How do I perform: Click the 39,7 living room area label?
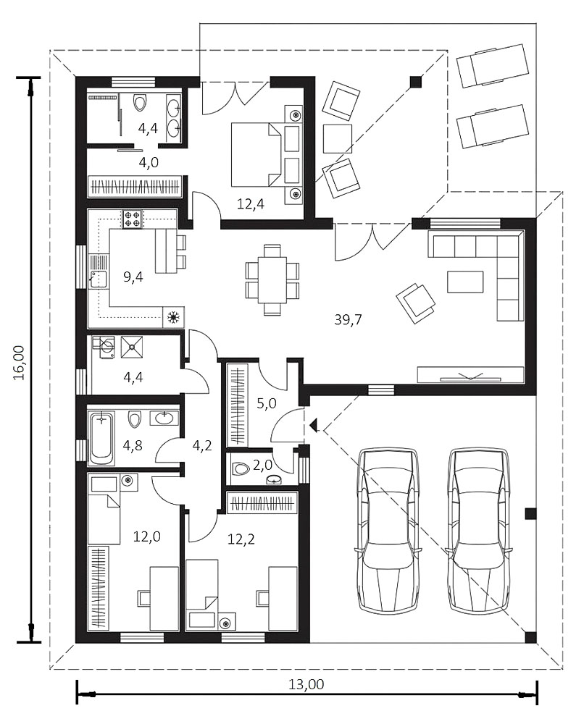pyautogui.click(x=348, y=319)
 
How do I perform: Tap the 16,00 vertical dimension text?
pyautogui.click(x=20, y=363)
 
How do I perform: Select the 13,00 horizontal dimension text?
pyautogui.click(x=306, y=684)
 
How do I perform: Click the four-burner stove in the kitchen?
pyautogui.click(x=132, y=219)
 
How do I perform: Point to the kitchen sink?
pyautogui.click(x=98, y=279)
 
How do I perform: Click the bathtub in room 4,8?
pyautogui.click(x=101, y=439)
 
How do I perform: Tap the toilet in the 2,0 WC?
pyautogui.click(x=241, y=468)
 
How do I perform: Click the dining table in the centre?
pyautogui.click(x=272, y=279)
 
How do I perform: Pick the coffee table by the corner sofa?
pyautogui.click(x=464, y=282)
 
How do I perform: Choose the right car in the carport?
pyautogui.click(x=478, y=531)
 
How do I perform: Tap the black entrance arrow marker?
pyautogui.click(x=314, y=424)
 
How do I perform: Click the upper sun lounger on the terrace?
pyautogui.click(x=492, y=65)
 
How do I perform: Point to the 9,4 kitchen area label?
pyautogui.click(x=133, y=277)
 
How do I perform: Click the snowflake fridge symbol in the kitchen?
pyautogui.click(x=174, y=317)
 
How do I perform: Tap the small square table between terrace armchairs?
pyautogui.click(x=337, y=138)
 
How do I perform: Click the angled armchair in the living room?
pyautogui.click(x=415, y=303)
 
